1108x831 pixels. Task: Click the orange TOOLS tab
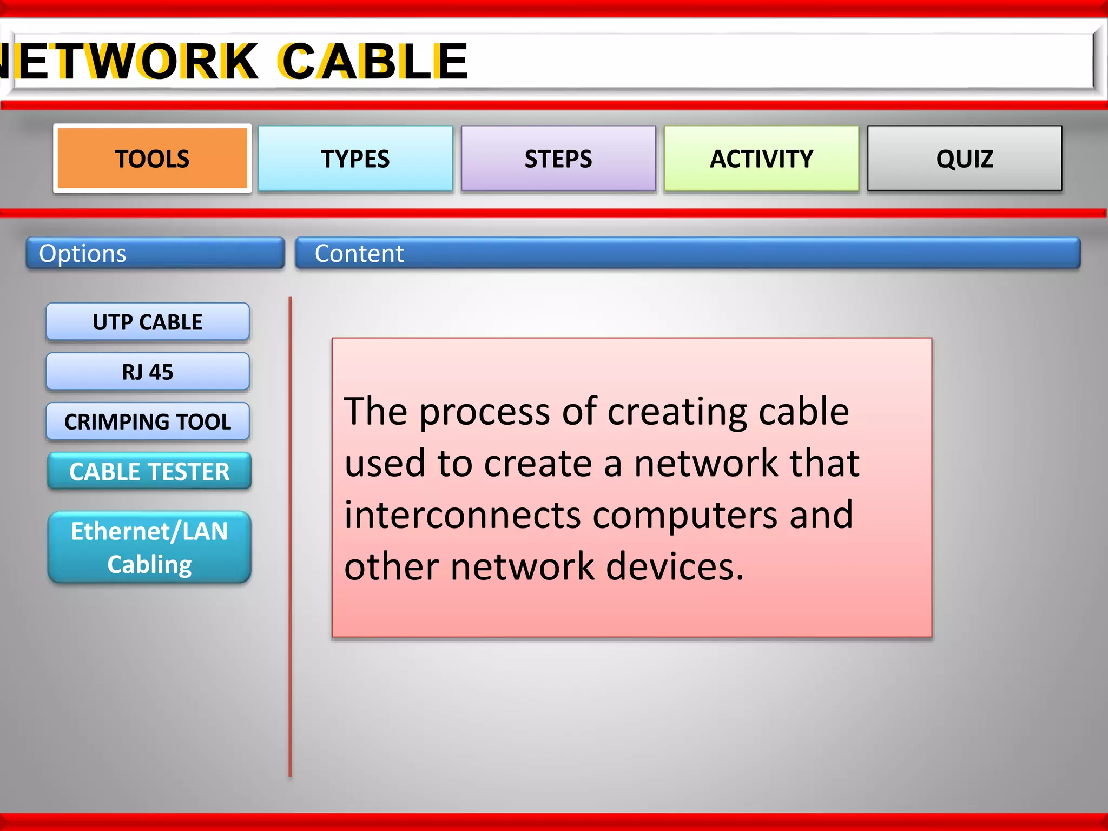(x=152, y=159)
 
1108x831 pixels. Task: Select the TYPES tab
(x=355, y=159)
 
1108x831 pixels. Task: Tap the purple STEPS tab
(x=558, y=159)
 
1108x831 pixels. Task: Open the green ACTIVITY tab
(x=761, y=159)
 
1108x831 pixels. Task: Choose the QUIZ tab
(x=964, y=159)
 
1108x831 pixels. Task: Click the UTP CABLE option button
(x=147, y=322)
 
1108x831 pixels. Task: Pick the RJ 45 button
(x=147, y=372)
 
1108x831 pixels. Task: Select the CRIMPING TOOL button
(x=147, y=421)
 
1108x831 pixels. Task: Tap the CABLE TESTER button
(x=149, y=471)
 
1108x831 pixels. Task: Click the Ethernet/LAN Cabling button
(x=149, y=547)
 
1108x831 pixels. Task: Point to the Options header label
(x=83, y=253)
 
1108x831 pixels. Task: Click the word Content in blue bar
(x=359, y=253)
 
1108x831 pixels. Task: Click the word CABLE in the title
(x=373, y=61)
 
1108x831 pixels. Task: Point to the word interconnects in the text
(x=463, y=515)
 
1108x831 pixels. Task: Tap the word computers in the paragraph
(x=685, y=515)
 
